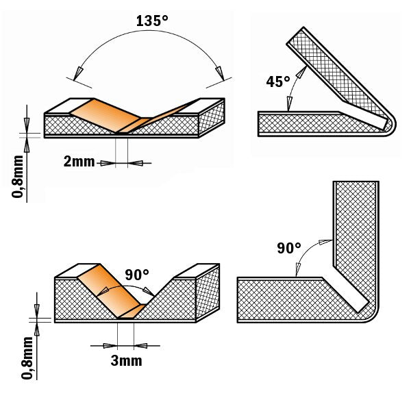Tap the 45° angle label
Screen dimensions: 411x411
click(278, 82)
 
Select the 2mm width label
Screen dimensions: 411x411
click(79, 162)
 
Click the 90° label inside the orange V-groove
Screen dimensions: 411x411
click(137, 275)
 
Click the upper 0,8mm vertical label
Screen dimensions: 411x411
click(18, 176)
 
